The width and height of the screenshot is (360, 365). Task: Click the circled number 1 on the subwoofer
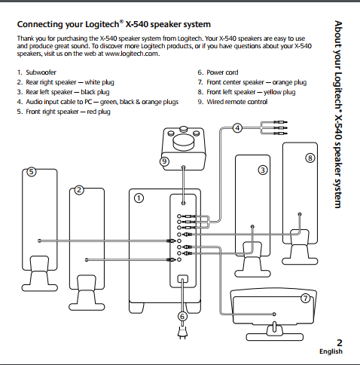point(138,198)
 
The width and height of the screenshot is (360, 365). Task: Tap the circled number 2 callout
point(78,190)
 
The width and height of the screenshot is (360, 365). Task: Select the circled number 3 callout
point(262,170)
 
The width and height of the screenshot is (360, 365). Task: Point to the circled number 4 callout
point(237,128)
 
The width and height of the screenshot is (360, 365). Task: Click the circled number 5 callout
point(31,172)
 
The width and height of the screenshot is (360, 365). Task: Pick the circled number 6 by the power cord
point(182,316)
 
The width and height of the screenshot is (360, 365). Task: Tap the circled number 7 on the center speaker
point(305,298)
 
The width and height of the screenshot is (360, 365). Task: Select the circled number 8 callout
point(309,158)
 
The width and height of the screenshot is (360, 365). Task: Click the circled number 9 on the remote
point(164,161)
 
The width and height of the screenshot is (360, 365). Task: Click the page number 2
point(339,343)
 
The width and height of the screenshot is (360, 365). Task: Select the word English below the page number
point(331,351)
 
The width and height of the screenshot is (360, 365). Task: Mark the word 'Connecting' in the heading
point(43,24)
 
